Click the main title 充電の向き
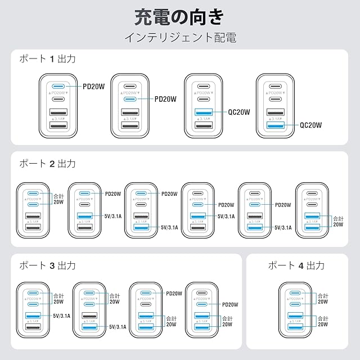[179, 16]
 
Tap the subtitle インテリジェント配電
[179, 38]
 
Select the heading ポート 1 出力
[47, 58]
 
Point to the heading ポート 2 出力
[47, 164]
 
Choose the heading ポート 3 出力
[47, 265]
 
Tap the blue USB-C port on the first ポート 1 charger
[58, 87]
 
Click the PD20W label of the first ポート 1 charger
[94, 87]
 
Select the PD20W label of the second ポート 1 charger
[165, 99]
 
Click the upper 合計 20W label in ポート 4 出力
[323, 298]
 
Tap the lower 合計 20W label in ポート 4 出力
[323, 322]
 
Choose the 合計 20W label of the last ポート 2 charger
[337, 221]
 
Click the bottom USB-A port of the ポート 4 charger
[296, 327]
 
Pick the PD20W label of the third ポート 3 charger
[175, 294]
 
